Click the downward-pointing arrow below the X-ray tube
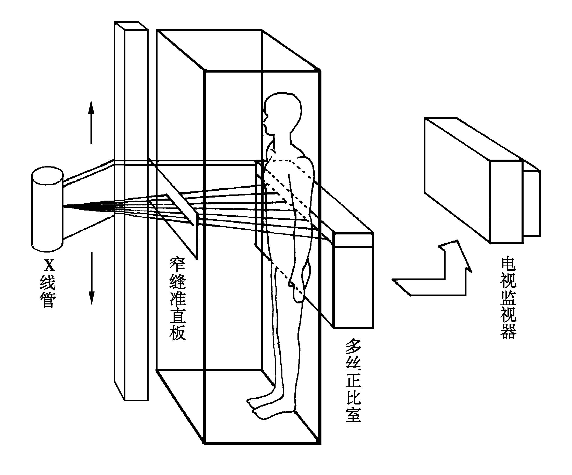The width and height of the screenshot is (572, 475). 92,278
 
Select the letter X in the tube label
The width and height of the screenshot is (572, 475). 49,265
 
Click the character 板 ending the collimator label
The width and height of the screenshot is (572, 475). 178,332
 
